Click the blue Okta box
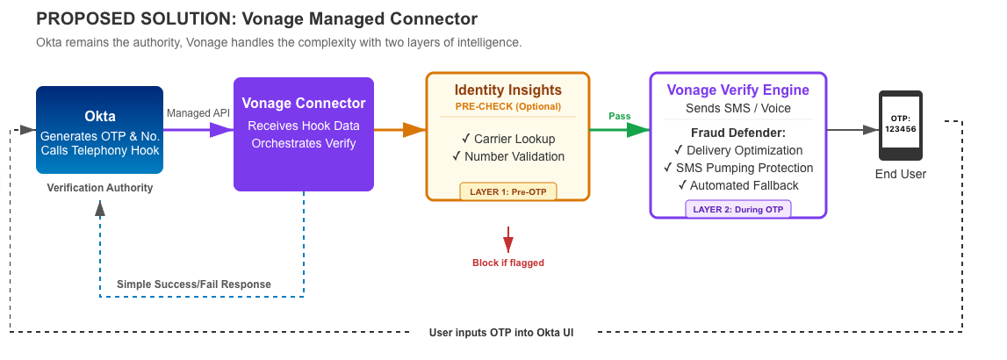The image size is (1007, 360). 99,130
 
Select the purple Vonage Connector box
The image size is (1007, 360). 304,134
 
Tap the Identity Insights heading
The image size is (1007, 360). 508,90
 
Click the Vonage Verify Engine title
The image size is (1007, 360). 737,90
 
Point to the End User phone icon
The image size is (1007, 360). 901,126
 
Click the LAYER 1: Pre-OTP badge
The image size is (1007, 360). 508,191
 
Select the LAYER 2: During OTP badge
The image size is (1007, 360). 738,210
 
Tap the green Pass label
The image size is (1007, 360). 620,117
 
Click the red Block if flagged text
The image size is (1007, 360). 508,263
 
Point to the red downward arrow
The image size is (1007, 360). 508,239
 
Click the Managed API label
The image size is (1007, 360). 198,113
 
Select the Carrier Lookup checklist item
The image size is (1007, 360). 508,139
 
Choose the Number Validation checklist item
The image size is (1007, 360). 508,156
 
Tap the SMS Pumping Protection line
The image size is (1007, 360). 737,168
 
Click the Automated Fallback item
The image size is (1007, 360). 737,185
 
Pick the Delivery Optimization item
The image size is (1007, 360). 737,150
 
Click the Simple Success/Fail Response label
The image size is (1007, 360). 194,284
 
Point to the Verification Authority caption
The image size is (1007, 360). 99,188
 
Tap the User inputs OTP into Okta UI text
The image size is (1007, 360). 501,333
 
